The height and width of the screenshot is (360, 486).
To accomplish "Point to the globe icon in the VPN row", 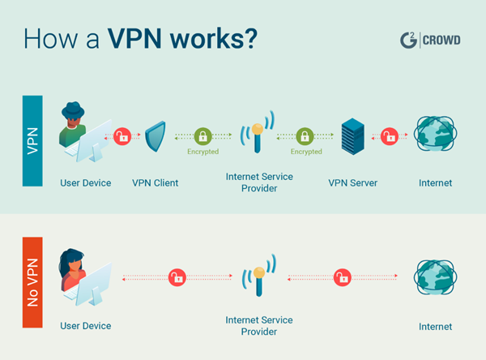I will pos(435,136).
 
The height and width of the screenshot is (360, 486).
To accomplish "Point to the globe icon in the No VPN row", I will pos(435,277).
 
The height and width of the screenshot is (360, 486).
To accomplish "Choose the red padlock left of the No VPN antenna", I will pos(175,278).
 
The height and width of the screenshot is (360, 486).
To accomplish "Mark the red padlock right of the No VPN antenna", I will pos(342,278).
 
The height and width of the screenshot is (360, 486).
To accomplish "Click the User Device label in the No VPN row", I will pos(85,326).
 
